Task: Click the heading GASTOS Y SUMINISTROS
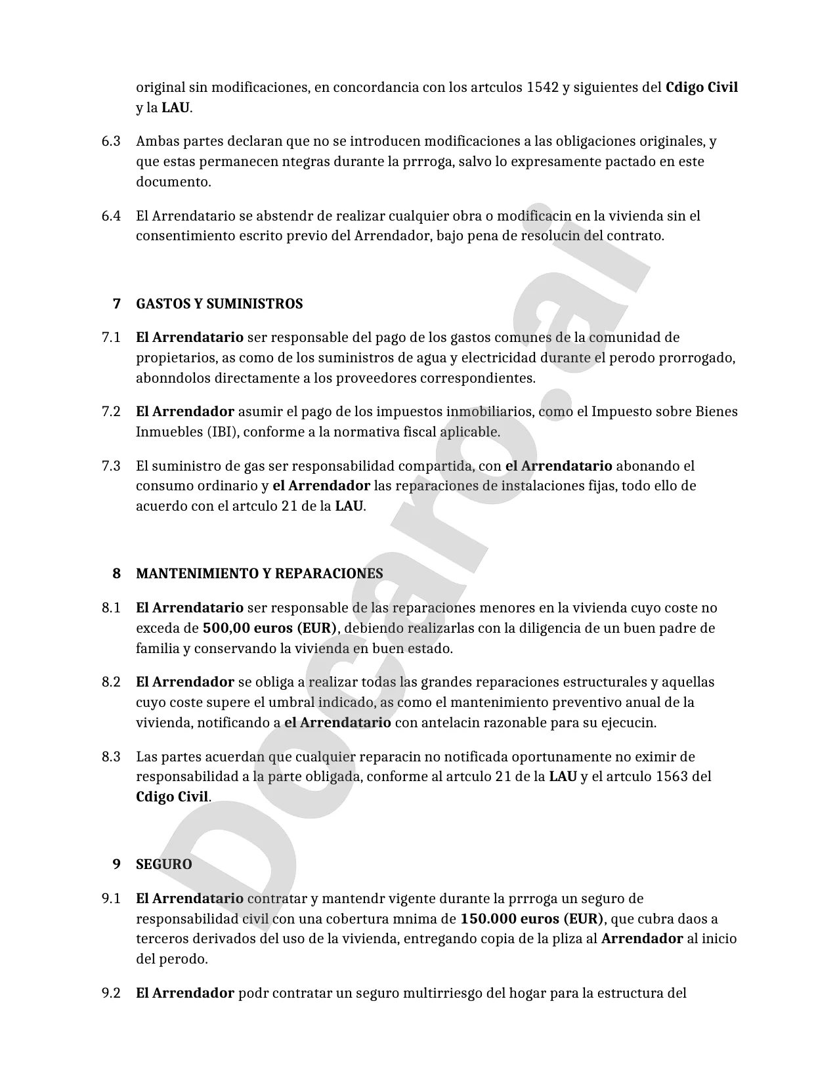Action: [x=219, y=304]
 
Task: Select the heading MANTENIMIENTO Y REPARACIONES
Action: [x=259, y=574]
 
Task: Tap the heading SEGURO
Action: [x=164, y=864]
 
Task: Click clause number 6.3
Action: [x=111, y=142]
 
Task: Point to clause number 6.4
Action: [x=111, y=216]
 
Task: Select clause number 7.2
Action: [x=111, y=412]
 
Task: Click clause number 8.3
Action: [x=111, y=757]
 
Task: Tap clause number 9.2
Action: [x=111, y=993]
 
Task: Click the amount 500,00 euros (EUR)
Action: [x=269, y=628]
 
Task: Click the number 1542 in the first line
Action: [x=542, y=87]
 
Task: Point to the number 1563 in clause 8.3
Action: [x=672, y=777]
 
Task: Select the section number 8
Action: [x=117, y=574]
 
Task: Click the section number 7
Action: [x=117, y=304]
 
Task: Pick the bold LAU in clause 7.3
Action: [x=349, y=507]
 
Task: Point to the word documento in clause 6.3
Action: [x=173, y=182]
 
